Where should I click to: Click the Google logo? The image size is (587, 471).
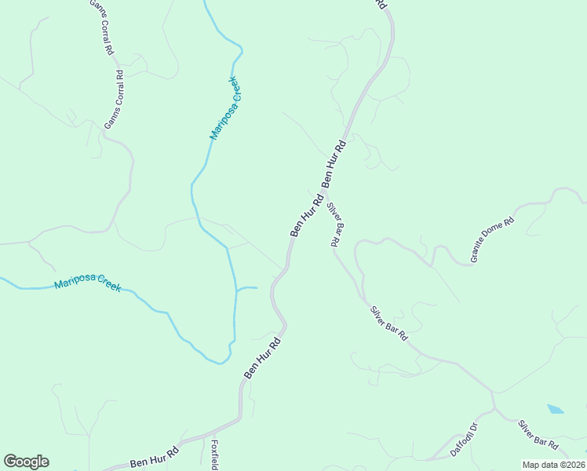26,462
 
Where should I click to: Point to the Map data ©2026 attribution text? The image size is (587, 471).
553,465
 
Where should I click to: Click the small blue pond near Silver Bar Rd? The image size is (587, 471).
555,409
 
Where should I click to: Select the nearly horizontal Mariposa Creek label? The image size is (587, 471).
87,284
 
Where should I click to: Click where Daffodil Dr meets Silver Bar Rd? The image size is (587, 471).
494,409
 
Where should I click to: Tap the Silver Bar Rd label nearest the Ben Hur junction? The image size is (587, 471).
336,225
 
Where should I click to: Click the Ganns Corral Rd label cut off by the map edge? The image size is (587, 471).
101,26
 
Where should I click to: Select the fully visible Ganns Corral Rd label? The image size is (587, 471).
115,100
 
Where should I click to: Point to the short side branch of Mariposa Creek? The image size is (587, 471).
247,288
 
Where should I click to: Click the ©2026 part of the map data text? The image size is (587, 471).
571,465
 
